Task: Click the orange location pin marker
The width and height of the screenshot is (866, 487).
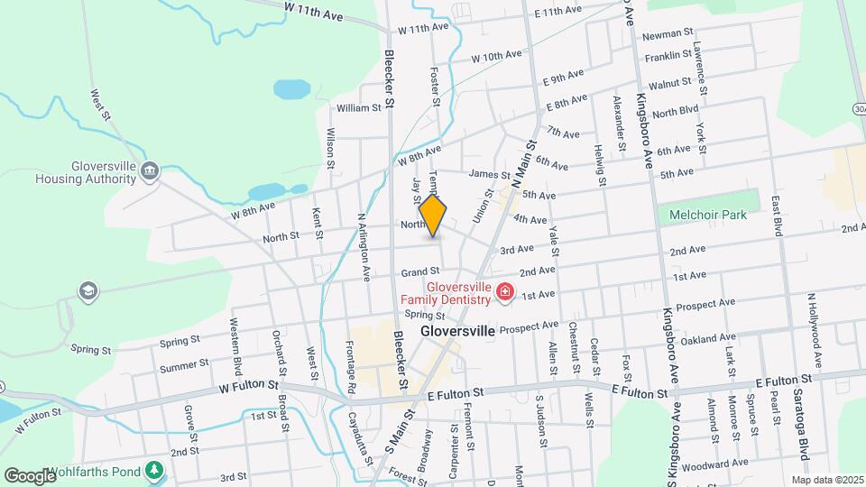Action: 433,217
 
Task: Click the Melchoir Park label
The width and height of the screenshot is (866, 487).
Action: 707,215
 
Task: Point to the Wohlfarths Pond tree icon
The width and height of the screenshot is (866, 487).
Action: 156,469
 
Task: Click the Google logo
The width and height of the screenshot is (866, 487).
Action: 31,475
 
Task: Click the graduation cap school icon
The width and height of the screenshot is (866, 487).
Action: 88,290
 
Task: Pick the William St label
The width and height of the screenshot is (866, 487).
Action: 359,108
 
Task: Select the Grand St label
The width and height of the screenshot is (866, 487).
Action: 420,271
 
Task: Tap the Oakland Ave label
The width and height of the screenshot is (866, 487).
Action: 703,339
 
